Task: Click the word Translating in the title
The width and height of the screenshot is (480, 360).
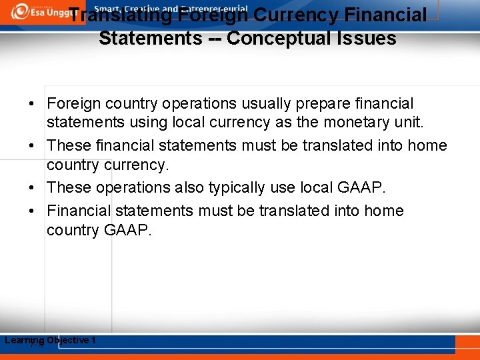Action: click(121, 15)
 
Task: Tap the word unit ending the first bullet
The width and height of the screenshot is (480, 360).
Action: click(409, 123)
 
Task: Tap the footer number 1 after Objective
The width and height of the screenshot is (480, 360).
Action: click(93, 341)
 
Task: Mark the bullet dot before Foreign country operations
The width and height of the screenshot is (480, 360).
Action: click(32, 105)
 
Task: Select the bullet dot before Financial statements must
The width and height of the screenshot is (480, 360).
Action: click(32, 211)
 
